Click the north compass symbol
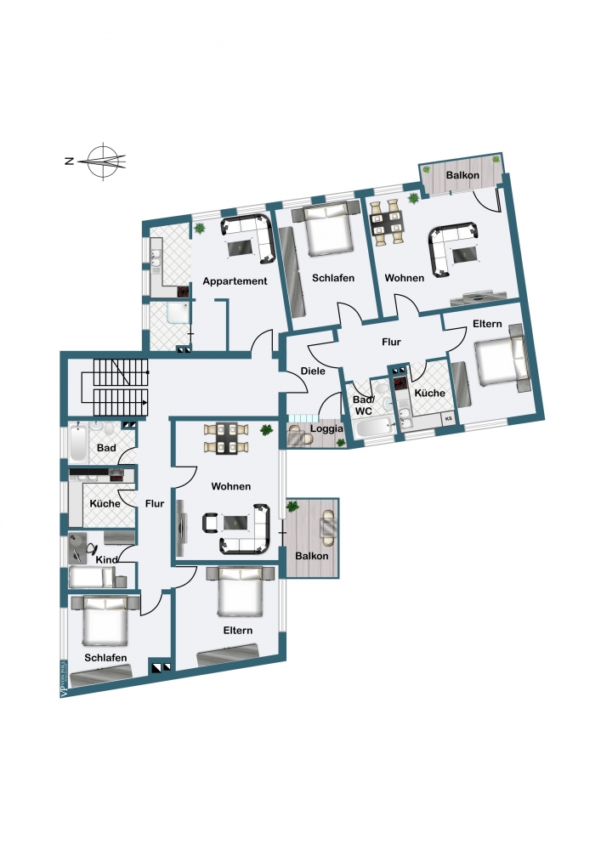tap(104, 160)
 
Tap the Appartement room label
tap(235, 280)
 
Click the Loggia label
tap(326, 428)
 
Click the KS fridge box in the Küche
tap(448, 419)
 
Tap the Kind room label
tap(106, 560)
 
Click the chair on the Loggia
tap(298, 435)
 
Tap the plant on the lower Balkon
tap(293, 507)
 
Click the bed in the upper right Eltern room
tap(497, 364)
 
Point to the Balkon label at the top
tap(463, 175)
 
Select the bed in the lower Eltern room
tap(243, 592)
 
